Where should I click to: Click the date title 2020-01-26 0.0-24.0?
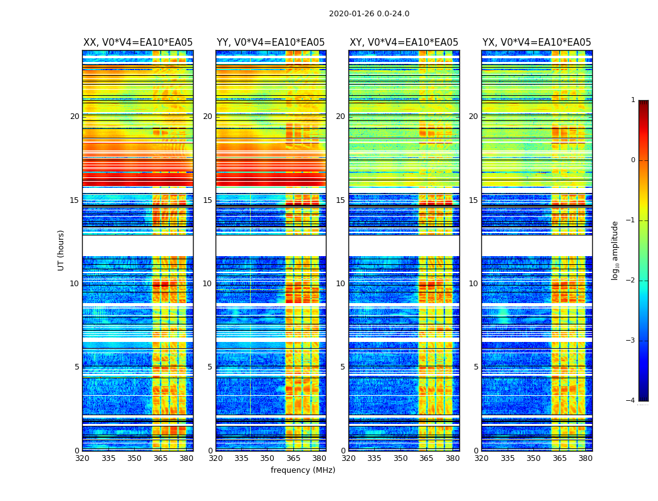coord(369,14)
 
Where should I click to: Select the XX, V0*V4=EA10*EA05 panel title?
coord(138,43)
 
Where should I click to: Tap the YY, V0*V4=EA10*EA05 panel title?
coord(271,43)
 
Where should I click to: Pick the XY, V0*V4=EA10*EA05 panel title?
coord(404,43)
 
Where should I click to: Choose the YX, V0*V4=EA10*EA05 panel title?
coord(536,43)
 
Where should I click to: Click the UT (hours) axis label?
coord(61,250)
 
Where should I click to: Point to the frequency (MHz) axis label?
coord(303,470)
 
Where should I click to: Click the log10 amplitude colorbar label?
coord(615,250)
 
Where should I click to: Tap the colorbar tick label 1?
coord(632,100)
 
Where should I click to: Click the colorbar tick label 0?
coord(632,160)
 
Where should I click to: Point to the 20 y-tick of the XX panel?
coord(75,116)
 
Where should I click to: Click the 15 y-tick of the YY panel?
coord(207,200)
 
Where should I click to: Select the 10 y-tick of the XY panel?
coord(340,284)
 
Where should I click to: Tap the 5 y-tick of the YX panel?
coord(476,367)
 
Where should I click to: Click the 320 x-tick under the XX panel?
coord(82,458)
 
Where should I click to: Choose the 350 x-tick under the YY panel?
coord(268,458)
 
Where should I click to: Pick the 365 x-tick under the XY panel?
coord(426,458)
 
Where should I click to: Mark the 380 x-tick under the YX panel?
coord(585,458)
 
